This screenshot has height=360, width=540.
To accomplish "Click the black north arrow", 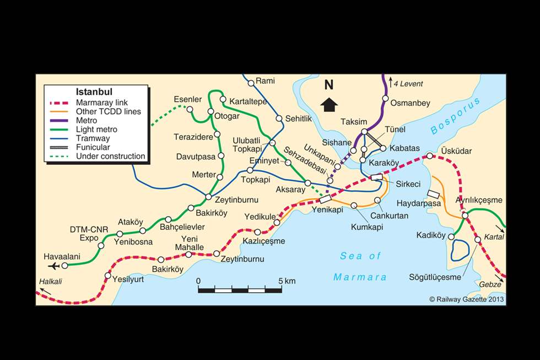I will (329, 104).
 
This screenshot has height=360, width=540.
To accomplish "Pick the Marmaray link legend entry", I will (102, 103).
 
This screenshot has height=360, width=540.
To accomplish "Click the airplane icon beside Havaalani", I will (53, 266).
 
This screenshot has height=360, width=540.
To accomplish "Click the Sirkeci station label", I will (408, 184).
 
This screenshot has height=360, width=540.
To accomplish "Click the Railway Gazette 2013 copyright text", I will (467, 299).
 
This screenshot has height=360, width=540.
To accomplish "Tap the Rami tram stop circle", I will (251, 83).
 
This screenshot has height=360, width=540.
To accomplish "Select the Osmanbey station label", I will (410, 103).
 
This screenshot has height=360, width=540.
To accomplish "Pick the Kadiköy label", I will (431, 235).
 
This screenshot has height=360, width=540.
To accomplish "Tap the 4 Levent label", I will (408, 84).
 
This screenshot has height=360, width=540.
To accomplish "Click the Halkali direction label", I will (51, 282).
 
